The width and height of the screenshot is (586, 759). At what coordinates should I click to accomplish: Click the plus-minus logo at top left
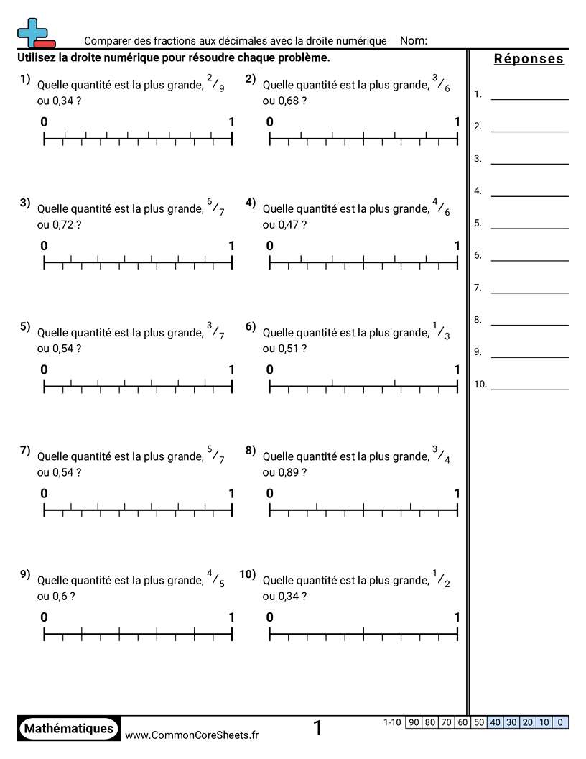click(x=34, y=33)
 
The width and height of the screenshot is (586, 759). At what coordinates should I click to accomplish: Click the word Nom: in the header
click(x=413, y=41)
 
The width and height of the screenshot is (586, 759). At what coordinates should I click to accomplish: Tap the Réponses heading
click(x=529, y=59)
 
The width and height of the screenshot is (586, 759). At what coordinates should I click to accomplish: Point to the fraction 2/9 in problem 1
click(x=215, y=84)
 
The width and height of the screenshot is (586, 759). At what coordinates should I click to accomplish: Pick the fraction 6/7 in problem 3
click(x=215, y=208)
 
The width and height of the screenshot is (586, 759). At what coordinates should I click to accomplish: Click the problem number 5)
click(x=25, y=327)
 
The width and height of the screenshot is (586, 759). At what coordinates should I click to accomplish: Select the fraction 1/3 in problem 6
click(x=441, y=331)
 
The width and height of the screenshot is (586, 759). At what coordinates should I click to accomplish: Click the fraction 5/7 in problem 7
click(x=215, y=455)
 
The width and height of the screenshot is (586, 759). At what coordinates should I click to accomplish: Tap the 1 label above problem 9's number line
click(x=231, y=617)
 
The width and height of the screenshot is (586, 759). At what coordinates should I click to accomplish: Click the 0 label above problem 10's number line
click(x=270, y=617)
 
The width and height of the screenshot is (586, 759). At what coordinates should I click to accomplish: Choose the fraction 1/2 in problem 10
click(x=441, y=579)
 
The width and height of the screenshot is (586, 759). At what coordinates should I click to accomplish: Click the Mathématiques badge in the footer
click(x=68, y=729)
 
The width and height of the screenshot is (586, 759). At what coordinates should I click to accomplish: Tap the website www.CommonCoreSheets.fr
click(x=192, y=735)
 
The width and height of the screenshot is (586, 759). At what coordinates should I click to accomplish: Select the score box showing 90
click(x=413, y=722)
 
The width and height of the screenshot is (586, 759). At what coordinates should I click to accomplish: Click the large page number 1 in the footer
click(x=317, y=729)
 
